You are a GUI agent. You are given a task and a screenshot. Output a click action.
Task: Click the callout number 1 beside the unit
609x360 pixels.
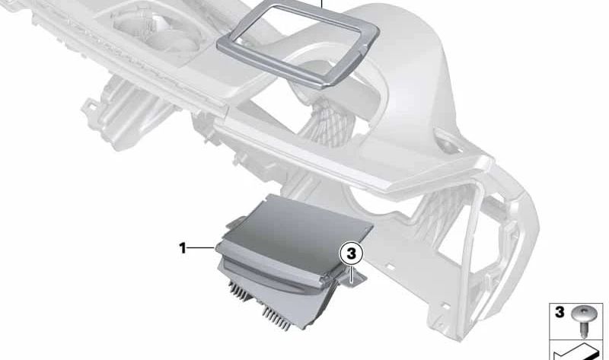pyautogui.click(x=183, y=248)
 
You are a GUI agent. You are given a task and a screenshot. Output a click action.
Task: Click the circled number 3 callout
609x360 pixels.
pyautogui.click(x=351, y=253)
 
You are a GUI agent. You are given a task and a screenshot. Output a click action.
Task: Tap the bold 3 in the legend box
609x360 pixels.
pyautogui.click(x=560, y=312)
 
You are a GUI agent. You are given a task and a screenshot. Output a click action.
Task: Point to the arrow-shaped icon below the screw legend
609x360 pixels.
pyautogui.click(x=578, y=352)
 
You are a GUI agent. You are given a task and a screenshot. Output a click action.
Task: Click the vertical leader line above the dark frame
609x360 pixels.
pyautogui.click(x=322, y=5)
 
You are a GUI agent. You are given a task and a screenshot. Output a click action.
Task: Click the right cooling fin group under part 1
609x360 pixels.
pyautogui.click(x=276, y=317)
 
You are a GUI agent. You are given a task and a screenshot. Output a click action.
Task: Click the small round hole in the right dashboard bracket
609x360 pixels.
pyautogui.click(x=448, y=145)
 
